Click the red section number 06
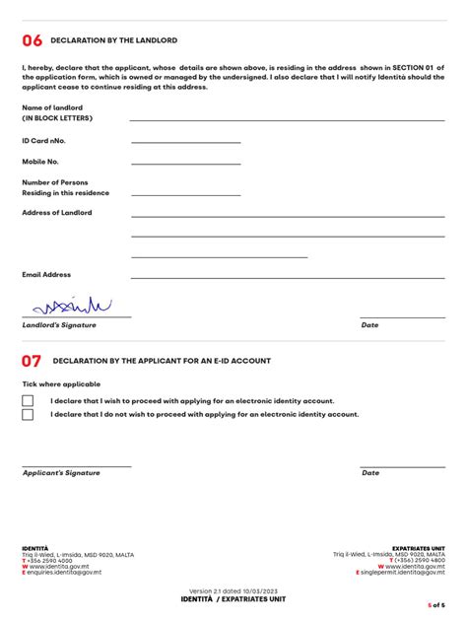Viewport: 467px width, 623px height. click(x=33, y=40)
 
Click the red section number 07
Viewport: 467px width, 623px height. click(x=33, y=361)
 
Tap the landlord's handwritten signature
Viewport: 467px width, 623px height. click(x=72, y=306)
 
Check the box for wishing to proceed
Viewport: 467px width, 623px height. click(x=28, y=401)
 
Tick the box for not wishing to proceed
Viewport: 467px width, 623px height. click(x=28, y=415)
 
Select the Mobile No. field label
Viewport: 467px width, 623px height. click(x=40, y=161)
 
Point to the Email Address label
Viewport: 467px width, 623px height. click(x=46, y=275)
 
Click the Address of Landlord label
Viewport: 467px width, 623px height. click(x=57, y=213)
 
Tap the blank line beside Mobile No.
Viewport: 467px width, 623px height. click(x=185, y=164)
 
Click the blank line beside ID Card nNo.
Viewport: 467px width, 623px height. click(x=185, y=144)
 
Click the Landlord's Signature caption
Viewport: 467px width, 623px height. click(x=59, y=325)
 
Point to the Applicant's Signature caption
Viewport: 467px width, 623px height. click(x=61, y=473)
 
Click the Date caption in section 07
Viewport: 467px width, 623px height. click(x=370, y=473)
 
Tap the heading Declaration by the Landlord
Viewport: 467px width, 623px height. click(x=113, y=40)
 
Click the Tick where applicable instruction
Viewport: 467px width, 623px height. click(x=61, y=384)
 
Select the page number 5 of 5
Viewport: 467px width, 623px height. click(x=435, y=604)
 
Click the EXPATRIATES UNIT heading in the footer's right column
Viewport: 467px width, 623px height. click(x=418, y=548)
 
